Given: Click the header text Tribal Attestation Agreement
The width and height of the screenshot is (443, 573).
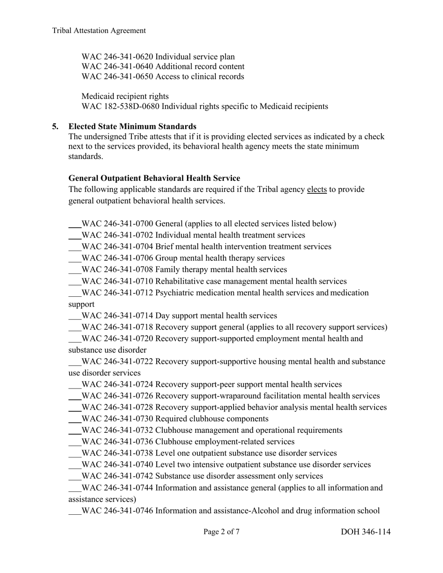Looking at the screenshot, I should [99, 31].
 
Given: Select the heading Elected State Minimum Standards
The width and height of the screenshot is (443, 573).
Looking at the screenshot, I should [132, 127].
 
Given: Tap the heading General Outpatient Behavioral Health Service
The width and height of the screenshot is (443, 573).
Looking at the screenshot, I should [154, 178].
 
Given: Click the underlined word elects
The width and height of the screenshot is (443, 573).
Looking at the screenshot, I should [317, 190].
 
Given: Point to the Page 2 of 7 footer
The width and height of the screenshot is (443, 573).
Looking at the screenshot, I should [221, 532].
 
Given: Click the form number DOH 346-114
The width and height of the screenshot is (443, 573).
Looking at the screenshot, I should [366, 532].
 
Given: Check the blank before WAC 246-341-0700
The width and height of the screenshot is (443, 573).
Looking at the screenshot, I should [75, 225].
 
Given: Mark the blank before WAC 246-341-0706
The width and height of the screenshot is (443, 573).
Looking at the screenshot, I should [75, 259].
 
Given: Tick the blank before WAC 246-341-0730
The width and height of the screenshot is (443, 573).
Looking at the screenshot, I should [75, 420].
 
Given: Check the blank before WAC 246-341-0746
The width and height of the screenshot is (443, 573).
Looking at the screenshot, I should [75, 512].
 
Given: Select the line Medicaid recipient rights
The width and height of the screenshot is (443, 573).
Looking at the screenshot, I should [125, 96].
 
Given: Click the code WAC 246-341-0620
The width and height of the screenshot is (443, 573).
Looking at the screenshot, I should [118, 57].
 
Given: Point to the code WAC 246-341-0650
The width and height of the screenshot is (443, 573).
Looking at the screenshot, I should [118, 77].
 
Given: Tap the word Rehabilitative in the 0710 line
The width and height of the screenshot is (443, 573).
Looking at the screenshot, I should [181, 281].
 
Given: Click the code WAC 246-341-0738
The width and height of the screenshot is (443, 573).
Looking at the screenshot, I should [118, 453].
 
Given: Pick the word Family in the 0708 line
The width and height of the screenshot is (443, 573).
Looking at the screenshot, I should [168, 270].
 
